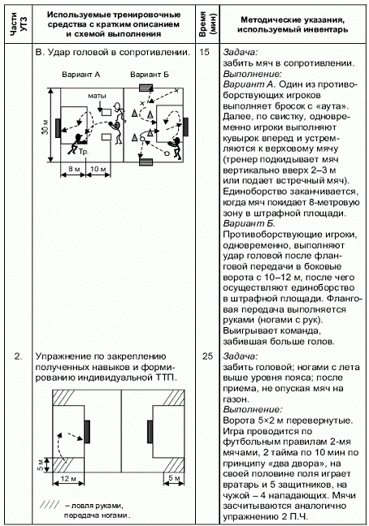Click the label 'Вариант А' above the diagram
(x=81, y=75)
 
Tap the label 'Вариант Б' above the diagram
(x=150, y=75)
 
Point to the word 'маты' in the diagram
(x=97, y=96)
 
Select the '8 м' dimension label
(x=74, y=169)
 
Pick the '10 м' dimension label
(x=98, y=169)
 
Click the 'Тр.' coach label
(x=83, y=152)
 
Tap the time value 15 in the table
(x=204, y=52)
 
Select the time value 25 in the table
(x=207, y=356)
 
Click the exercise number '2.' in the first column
(x=18, y=356)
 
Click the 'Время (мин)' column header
(x=207, y=24)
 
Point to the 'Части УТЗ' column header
(x=19, y=24)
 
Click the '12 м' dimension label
(x=68, y=479)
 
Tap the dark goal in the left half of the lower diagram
(x=87, y=431)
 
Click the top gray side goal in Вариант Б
(x=146, y=88)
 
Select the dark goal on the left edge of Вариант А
(x=58, y=127)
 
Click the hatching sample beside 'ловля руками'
(x=50, y=505)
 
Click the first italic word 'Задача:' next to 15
(x=241, y=52)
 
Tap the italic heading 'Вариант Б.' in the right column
(x=249, y=223)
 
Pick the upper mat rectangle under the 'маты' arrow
(x=106, y=112)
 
